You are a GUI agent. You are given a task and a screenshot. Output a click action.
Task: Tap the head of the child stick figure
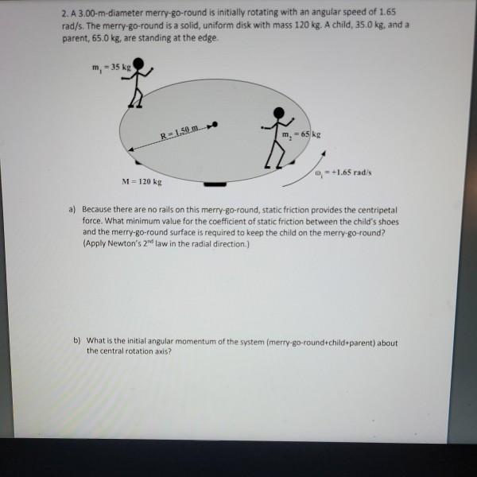139,64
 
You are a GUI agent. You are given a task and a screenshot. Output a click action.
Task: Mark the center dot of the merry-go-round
215,125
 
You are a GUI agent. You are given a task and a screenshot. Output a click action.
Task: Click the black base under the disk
214,184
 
